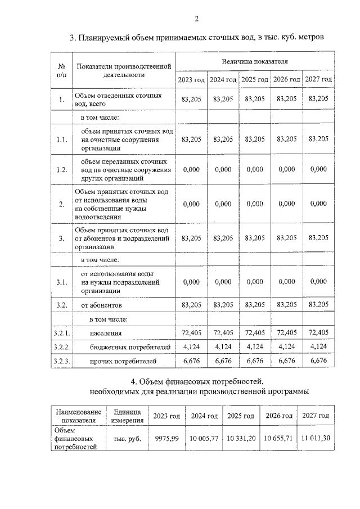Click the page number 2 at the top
pos(197,19)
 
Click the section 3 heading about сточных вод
pos(197,38)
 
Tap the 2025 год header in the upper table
pos(255,79)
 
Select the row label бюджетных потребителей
pos(122,347)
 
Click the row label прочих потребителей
pos(119,361)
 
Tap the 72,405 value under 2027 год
pos(318,333)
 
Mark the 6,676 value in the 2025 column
pos(255,361)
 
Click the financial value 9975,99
pos(166,438)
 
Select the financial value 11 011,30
pos(315,438)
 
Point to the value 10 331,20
pos(241,438)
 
